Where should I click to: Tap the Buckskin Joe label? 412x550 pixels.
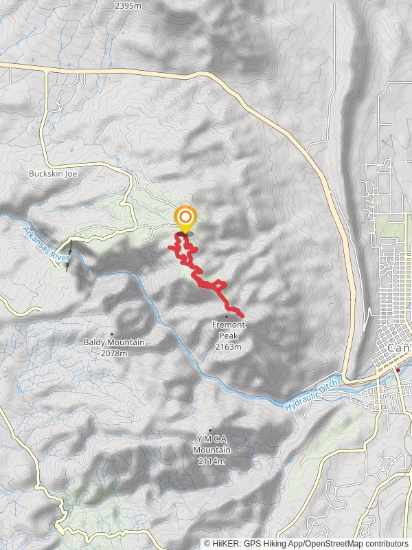[x=53, y=174]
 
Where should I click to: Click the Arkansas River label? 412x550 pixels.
[x=46, y=244]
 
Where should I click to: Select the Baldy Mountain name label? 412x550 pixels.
[x=114, y=342]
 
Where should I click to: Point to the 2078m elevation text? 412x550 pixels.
[x=114, y=353]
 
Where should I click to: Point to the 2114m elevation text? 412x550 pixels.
[x=211, y=461]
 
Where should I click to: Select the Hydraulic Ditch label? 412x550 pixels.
[x=312, y=399]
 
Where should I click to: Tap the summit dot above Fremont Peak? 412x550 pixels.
[x=227, y=317]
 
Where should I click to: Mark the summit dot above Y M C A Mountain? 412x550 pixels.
[x=210, y=430]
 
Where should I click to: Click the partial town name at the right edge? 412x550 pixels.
[x=400, y=349]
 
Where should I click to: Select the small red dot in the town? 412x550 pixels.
[x=398, y=370]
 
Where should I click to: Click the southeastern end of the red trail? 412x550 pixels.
[x=242, y=315]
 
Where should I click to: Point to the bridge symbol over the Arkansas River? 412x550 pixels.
[x=69, y=252]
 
